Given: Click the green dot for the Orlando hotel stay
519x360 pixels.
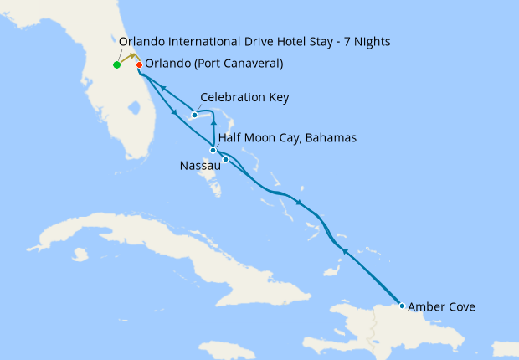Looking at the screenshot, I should [x=116, y=64].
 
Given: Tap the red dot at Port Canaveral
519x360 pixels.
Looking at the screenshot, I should [x=139, y=64].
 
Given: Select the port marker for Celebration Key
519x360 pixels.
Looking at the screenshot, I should [x=194, y=115].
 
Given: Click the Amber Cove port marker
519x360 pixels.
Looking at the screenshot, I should [x=403, y=306].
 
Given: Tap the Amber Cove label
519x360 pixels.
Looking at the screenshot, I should [x=441, y=307].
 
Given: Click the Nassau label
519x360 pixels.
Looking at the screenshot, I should [x=200, y=166].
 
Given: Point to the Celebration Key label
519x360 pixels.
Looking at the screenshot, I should [x=244, y=98].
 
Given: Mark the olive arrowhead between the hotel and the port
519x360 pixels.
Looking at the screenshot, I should [x=132, y=56].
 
